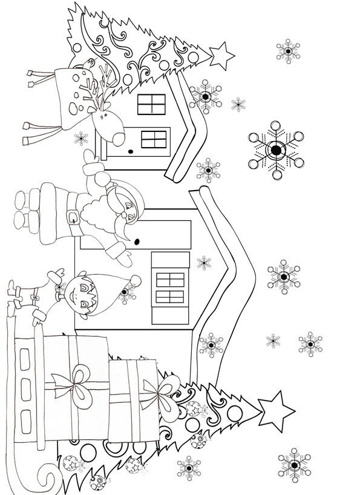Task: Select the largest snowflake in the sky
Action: [275, 149]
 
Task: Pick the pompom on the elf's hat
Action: [135, 280]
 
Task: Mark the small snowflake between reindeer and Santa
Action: [81, 139]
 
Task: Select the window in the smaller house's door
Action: [154, 139]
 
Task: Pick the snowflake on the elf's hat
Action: [126, 294]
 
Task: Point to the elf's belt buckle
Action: [34, 297]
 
